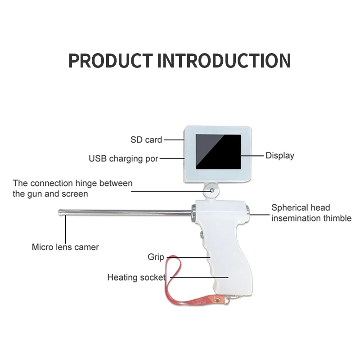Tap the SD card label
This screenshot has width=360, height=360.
tap(146, 140)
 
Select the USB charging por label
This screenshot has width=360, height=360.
tap(123, 159)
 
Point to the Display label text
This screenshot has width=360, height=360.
tap(280, 156)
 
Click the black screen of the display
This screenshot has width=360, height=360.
tap(218, 151)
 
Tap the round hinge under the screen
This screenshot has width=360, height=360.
tap(211, 190)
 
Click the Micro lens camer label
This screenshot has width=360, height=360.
tap(65, 247)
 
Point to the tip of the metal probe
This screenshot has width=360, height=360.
tap(60, 211)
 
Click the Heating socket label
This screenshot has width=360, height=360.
tap(136, 277)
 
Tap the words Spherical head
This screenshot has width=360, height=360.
tap(301, 208)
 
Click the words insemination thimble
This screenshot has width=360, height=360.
tap(311, 219)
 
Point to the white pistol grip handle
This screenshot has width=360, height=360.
tap(227, 261)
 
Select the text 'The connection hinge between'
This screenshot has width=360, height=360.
tap(73, 184)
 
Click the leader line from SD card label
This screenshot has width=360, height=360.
tap(173, 140)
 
